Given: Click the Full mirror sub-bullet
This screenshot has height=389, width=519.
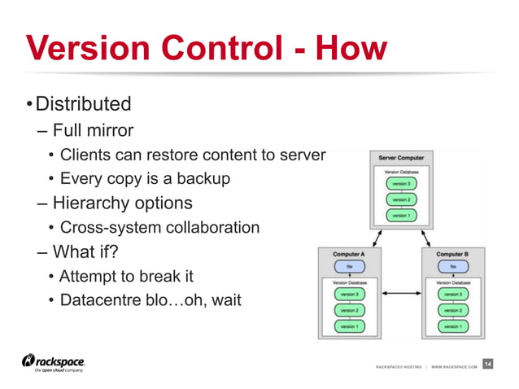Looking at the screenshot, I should tap(93, 130).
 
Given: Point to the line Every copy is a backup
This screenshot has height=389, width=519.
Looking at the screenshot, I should tap(145, 178).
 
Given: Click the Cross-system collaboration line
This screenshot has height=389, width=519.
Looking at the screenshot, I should tap(159, 228).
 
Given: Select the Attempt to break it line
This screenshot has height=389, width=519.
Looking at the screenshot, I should tap(127, 277).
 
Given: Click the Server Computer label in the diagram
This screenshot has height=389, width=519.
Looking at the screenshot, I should tap(401, 157).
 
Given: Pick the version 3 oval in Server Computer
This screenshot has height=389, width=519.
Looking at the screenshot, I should tap(400, 183).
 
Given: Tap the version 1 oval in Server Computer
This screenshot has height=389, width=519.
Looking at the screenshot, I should tap(400, 216).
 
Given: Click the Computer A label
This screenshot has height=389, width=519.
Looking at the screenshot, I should tap(349, 254).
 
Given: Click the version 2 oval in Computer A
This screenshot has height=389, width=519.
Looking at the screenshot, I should tap(349, 310).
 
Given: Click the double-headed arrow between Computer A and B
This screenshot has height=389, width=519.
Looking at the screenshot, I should tap(400, 293).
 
